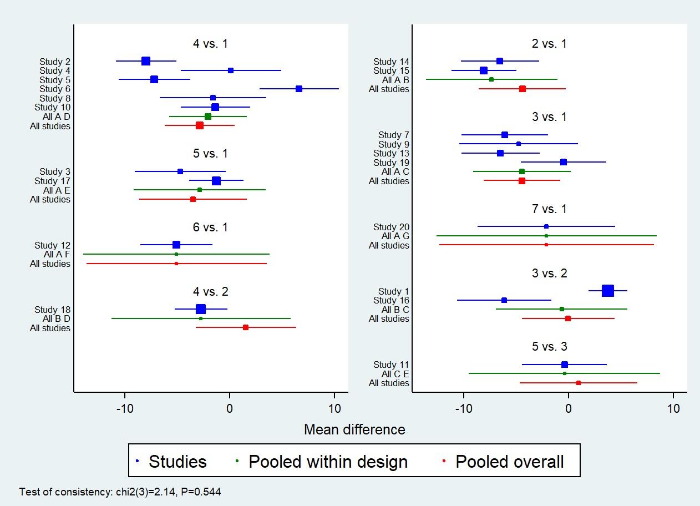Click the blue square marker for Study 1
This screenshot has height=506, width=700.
coord(607,291)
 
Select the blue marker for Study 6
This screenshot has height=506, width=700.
coord(299,89)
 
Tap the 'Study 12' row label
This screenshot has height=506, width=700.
coord(52,245)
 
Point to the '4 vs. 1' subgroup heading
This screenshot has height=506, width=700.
coord(210,44)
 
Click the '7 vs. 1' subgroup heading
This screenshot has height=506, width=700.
coord(549,209)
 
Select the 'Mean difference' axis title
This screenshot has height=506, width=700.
coord(354,429)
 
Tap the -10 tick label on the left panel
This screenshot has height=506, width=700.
coord(125,409)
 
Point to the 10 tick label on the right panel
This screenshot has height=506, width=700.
coord(673,409)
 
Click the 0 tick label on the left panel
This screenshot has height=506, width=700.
coord(230,409)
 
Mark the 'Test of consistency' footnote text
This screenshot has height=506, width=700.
coord(120,492)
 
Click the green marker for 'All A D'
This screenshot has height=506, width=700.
coord(208,117)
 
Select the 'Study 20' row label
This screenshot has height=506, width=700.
coord(391,227)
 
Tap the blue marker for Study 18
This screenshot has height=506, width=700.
coord(201,309)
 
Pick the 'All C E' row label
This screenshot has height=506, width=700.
coord(395,374)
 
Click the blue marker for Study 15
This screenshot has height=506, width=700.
coord(484,70)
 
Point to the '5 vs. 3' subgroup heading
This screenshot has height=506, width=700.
coord(549,347)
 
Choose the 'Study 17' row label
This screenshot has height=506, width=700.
coord(52,181)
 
